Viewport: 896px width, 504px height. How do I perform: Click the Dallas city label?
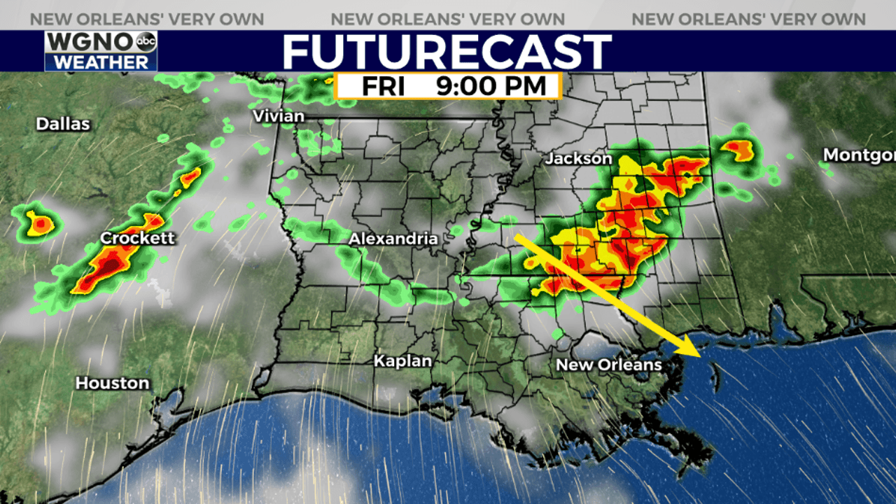[x=63, y=125]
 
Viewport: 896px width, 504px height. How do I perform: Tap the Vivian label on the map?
[x=279, y=116]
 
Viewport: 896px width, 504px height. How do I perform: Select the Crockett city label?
[x=137, y=239]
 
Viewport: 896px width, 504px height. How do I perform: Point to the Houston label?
[x=112, y=384]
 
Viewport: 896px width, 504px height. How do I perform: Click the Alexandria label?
[x=393, y=239]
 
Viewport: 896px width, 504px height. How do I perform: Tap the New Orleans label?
[x=608, y=365]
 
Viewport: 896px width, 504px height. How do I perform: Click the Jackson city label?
[x=578, y=160]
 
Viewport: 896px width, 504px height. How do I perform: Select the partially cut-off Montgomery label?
[x=859, y=155]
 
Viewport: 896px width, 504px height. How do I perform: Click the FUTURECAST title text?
[x=447, y=52]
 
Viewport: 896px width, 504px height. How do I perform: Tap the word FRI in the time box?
[x=384, y=87]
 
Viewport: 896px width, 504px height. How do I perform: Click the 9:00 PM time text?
[x=491, y=87]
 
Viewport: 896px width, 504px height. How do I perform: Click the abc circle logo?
[x=146, y=42]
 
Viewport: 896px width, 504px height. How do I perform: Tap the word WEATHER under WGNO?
[x=101, y=62]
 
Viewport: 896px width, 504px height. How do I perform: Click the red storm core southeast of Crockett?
[x=105, y=269]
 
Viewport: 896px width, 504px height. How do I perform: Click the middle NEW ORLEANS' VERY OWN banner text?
[x=447, y=20]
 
